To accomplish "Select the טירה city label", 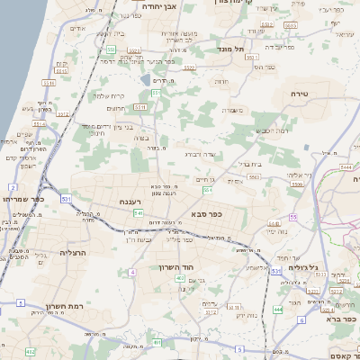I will click(300, 93).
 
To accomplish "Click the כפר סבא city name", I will click(206, 214).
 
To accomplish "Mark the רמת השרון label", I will click(64, 308).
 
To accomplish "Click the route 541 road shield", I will click(139, 213).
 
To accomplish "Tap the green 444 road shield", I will click(278, 310).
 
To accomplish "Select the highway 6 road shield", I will click(302, 319).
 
